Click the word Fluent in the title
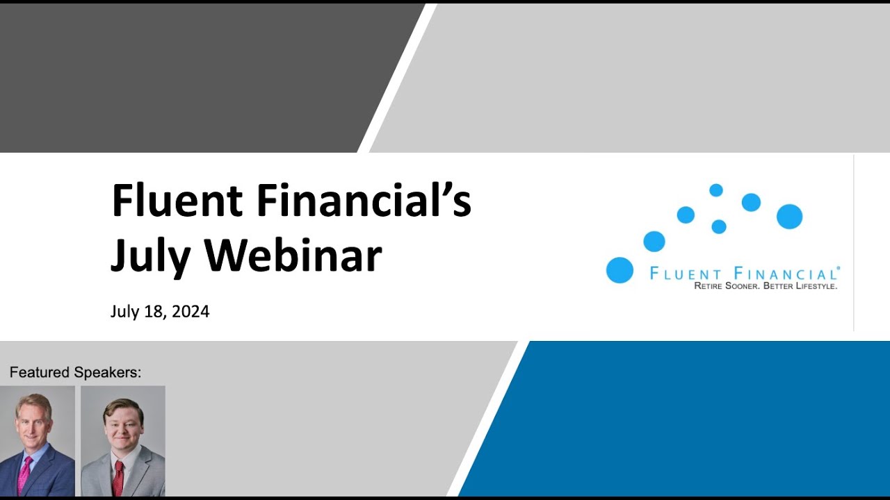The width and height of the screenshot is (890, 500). [x=177, y=201]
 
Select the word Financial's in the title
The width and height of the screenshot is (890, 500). [x=364, y=201]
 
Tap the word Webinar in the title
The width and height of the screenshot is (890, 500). [x=293, y=255]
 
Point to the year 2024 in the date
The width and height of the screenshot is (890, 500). [x=191, y=312]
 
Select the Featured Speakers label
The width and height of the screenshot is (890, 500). [x=75, y=373]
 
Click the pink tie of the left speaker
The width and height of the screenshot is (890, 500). [x=25, y=473]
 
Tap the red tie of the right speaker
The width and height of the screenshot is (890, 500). [x=118, y=476]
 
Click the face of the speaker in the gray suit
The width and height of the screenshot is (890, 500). [x=122, y=426]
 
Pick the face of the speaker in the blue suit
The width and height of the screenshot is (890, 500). [x=33, y=422]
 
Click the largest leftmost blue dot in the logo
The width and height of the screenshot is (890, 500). [x=620, y=270]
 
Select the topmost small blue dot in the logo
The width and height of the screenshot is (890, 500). [x=715, y=190]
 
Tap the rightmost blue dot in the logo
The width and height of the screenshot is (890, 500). [x=789, y=217]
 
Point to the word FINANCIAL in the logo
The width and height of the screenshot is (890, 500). [x=784, y=274]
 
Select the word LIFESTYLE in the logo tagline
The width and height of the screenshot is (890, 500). [x=814, y=286]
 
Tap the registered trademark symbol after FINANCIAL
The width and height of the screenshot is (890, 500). [x=839, y=268]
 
